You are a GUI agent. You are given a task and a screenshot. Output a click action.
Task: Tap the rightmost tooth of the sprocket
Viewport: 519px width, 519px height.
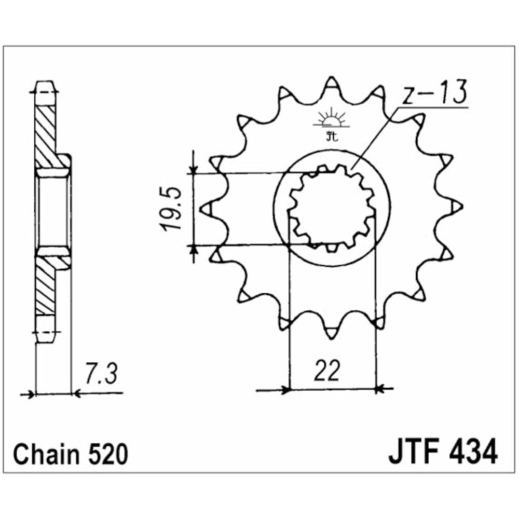tap(457, 208)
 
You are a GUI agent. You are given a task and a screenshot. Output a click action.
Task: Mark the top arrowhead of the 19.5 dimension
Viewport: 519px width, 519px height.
tap(194, 169)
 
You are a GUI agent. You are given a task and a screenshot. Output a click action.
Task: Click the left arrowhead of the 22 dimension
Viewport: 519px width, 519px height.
tap(284, 389)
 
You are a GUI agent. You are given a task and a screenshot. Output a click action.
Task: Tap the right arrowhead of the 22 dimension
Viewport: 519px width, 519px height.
tap(379, 388)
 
